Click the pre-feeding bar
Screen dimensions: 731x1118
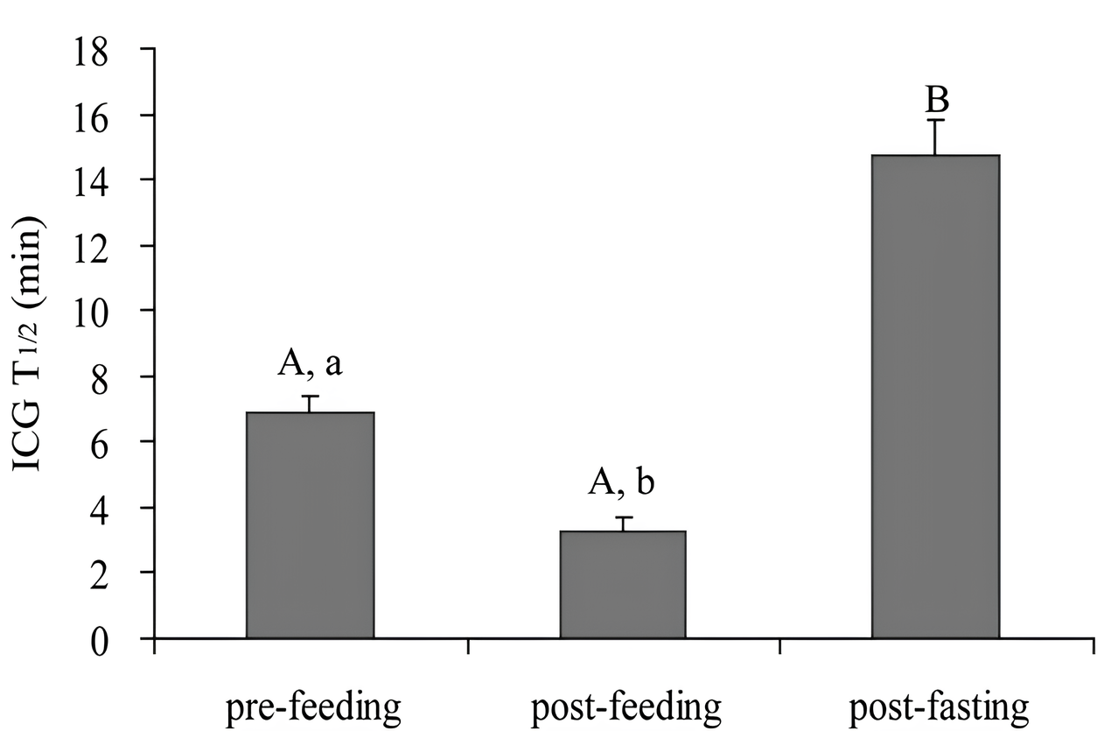click(x=310, y=525)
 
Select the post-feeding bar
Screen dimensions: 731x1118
click(x=622, y=584)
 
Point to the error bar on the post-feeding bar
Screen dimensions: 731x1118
click(x=622, y=523)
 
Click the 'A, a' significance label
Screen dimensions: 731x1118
click(x=310, y=362)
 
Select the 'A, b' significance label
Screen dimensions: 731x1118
click(x=622, y=481)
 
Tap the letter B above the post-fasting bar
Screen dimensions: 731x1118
click(x=937, y=99)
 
